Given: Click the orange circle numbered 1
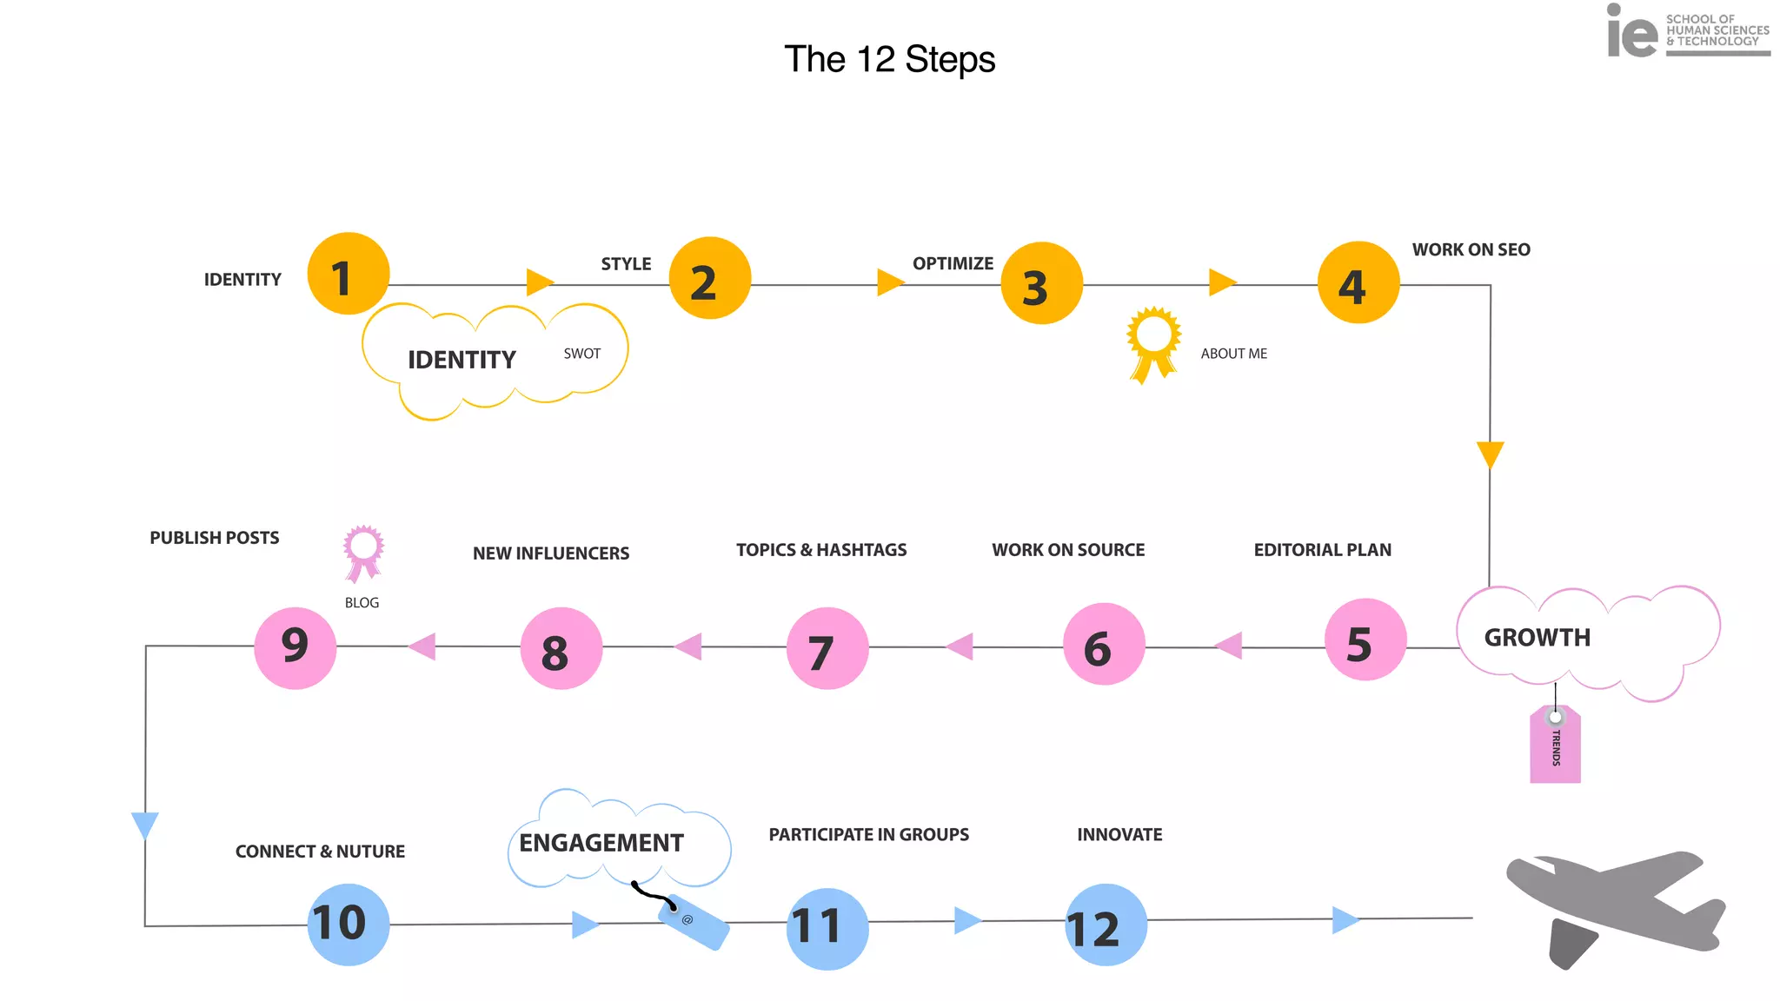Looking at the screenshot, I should click(349, 274).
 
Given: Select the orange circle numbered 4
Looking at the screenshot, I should click(1358, 283).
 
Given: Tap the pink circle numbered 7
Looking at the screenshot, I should click(827, 648).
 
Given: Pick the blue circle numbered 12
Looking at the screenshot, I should click(1106, 925).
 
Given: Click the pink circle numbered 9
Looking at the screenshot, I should click(296, 647).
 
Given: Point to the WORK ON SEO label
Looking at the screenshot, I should click(1471, 250).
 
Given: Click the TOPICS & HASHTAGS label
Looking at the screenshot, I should click(820, 550).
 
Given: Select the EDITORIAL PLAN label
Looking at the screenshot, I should click(1322, 550).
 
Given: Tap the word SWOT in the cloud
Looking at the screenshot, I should click(581, 354).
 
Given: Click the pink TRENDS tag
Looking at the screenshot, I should click(1555, 745).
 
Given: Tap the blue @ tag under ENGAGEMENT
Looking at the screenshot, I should click(694, 923).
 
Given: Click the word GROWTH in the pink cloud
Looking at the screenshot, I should click(1537, 638).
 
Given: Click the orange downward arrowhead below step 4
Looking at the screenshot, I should click(1490, 454).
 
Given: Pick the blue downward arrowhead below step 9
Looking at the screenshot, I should click(144, 824).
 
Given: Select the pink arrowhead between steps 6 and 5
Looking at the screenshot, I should click(1229, 646).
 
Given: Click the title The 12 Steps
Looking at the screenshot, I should click(889, 60).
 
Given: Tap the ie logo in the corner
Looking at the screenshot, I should click(1631, 33).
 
